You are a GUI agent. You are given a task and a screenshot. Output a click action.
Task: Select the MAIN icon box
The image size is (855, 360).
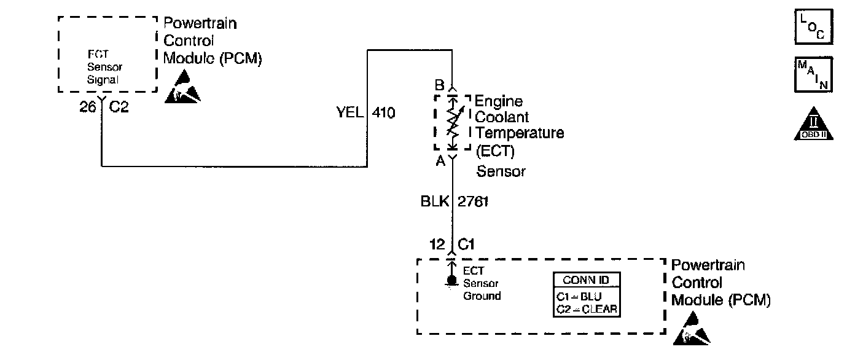point(814,74)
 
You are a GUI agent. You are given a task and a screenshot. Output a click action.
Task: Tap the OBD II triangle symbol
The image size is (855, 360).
point(814,125)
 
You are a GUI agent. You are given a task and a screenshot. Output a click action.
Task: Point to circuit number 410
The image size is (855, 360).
point(384,113)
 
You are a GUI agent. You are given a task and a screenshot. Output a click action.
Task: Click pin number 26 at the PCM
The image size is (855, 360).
point(88,106)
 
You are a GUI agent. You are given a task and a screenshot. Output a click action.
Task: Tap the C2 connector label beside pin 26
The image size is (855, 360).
point(119,106)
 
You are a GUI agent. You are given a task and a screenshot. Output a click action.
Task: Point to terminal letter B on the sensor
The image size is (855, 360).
point(440,85)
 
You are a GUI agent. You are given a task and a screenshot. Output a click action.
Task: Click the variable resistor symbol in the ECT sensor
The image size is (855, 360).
point(452,122)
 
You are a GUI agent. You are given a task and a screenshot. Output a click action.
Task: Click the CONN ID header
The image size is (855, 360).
point(586,280)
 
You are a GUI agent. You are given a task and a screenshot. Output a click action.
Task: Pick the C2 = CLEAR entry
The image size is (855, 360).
point(586,310)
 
